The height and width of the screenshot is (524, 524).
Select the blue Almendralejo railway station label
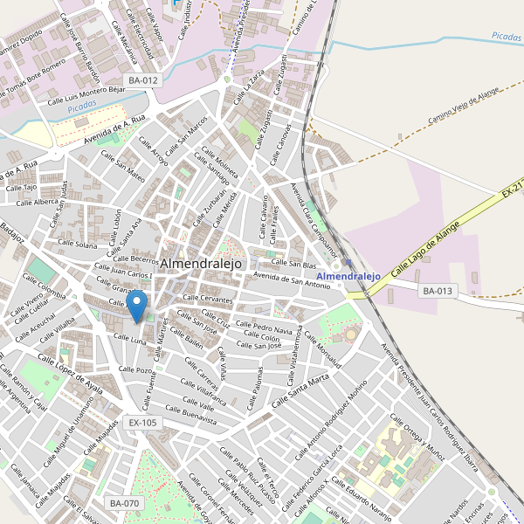point(349,276)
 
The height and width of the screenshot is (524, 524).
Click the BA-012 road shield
point(143,80)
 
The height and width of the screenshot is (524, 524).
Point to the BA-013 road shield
point(438,291)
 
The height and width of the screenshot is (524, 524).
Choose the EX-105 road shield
point(143,423)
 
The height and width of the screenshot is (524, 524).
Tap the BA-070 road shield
point(124,503)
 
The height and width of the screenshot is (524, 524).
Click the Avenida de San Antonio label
point(292,280)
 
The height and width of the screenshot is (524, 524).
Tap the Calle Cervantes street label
point(208,300)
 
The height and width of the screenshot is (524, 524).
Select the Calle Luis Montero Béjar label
point(87,94)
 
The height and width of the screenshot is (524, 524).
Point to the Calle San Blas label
point(293,263)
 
